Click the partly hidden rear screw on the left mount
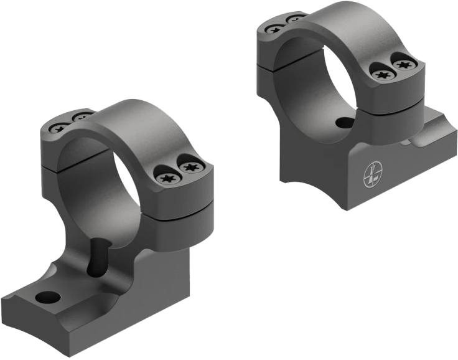coord(80,117)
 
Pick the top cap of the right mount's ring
coord(336,28)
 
